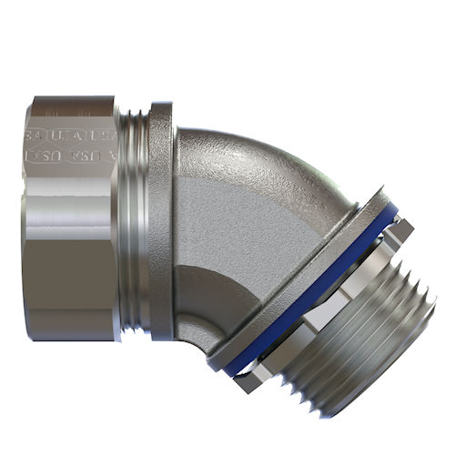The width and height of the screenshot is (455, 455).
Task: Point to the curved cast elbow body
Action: click(246, 218)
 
